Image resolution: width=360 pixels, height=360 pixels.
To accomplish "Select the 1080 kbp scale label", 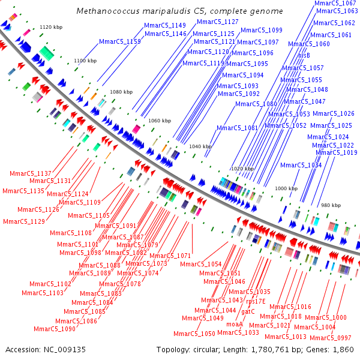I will pos(121,92).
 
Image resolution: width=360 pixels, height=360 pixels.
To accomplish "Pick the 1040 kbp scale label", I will pos(200,146).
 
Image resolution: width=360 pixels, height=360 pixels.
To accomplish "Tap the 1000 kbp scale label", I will pos(286,188).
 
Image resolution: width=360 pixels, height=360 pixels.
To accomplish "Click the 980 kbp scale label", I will pos(331,205).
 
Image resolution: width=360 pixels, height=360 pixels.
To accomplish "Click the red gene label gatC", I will pos(248,312).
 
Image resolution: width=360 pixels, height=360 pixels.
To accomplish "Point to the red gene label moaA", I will pos(234,324).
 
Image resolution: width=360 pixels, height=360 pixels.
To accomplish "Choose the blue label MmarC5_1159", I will pos(121,41).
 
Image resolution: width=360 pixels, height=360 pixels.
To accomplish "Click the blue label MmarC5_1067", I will pos(335,4).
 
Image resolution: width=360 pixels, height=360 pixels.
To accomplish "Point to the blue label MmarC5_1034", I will pos(301,165).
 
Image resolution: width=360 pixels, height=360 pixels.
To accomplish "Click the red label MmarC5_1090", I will pos(55,329).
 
